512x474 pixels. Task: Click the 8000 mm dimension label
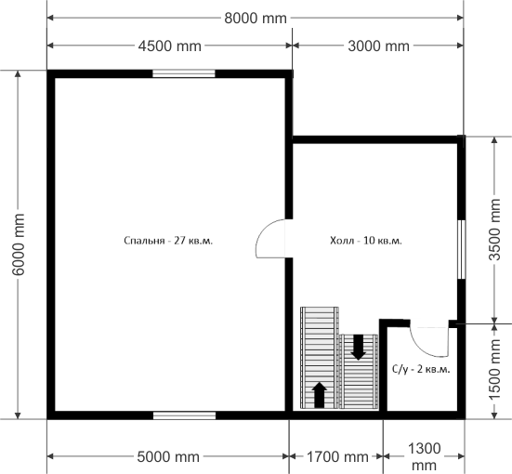click(x=256, y=19)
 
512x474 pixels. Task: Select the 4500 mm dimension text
click(x=169, y=46)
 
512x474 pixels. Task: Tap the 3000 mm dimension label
click(x=378, y=46)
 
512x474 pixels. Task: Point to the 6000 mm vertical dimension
click(x=19, y=244)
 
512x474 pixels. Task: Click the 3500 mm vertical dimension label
click(x=494, y=230)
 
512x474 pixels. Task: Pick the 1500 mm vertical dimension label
click(x=494, y=369)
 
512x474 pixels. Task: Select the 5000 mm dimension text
click(x=168, y=456)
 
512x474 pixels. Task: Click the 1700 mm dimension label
click(x=337, y=456)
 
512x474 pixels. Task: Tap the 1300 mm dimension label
click(x=424, y=456)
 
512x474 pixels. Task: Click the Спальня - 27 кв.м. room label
click(x=168, y=241)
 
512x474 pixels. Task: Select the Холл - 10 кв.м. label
click(x=366, y=241)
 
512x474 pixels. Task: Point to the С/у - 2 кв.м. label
click(x=421, y=370)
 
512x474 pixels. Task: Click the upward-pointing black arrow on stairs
click(x=320, y=395)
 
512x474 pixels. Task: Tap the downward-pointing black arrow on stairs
click(x=358, y=348)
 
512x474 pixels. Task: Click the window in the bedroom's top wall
click(x=184, y=73)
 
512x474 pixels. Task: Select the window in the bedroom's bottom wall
click(x=185, y=415)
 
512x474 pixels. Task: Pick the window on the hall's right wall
click(x=462, y=250)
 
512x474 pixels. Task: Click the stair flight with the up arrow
click(x=320, y=358)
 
